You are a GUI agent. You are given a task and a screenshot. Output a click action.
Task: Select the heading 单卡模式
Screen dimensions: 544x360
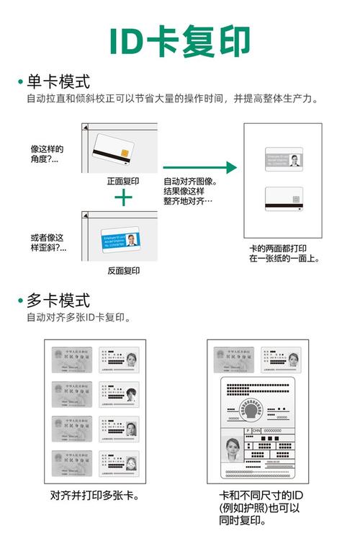[x=59, y=81]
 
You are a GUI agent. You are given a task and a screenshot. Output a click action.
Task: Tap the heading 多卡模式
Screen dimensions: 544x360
[x=59, y=300]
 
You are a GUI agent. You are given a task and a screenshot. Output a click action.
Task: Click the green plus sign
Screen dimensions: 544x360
[x=124, y=197]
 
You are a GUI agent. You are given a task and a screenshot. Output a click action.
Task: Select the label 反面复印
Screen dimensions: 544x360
[x=123, y=270]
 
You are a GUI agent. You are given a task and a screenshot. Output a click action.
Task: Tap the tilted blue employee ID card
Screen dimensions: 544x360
[x=120, y=239]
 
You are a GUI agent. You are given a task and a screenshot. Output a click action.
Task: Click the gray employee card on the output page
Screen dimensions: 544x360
[x=284, y=159]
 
